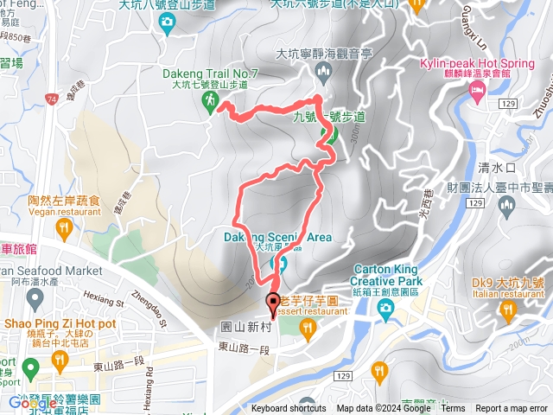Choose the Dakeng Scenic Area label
click(265, 237)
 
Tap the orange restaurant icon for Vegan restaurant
click(63, 227)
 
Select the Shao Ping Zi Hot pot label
click(60, 323)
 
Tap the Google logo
click(32, 403)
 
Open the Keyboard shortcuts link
click(289, 409)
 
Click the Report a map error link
click(511, 409)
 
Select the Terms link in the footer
click(453, 409)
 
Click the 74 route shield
click(53, 101)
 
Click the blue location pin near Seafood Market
click(35, 299)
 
